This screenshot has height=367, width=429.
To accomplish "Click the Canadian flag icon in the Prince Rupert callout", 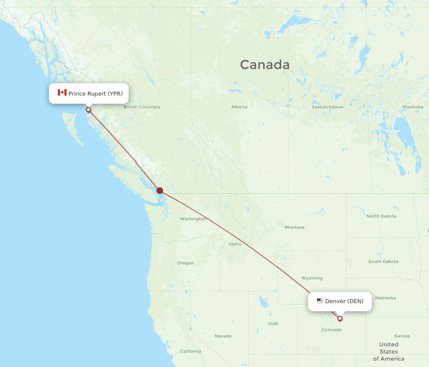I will coord(62,93).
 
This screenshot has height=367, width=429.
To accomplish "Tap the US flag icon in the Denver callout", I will coord(320,301).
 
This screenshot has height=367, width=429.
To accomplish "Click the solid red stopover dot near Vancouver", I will coord(160,190).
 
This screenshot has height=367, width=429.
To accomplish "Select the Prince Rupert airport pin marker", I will coord(88,110).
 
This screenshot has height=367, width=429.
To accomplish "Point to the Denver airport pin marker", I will coord(340,318).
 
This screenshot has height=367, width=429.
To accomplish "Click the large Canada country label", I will coord(265,65).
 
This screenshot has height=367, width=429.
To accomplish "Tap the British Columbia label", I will coord(142,107).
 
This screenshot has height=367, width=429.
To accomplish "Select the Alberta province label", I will coord(239,107).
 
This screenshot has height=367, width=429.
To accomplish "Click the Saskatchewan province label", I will coord(328,107).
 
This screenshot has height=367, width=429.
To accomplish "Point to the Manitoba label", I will coord(413,107).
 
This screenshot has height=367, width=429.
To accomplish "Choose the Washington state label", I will coord(193,219).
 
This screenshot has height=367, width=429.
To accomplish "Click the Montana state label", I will coord(294,227).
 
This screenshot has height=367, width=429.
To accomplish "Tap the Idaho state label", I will coord(235,244).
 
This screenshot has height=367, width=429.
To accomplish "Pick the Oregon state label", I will coord(185,263).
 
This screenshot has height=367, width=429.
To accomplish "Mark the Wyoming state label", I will coord(312,278).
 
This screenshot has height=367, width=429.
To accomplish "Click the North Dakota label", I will coord(381,216).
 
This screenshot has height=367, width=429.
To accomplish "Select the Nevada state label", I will coord(223,336).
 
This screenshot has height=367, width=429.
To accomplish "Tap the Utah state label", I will coord(273,323).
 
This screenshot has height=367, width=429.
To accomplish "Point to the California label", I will coord(190,351).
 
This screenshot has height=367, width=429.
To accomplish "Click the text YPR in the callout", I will coord(115,93).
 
